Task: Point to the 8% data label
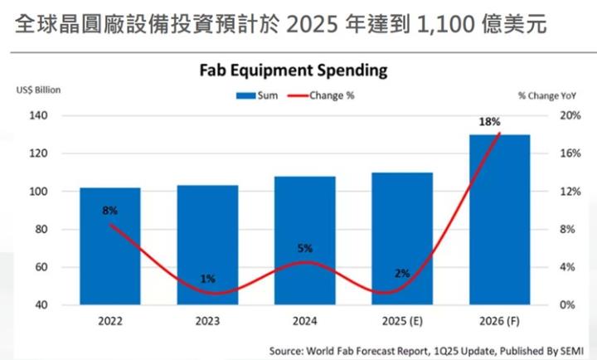[109, 211]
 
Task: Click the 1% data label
[207, 279]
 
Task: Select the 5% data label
[304, 248]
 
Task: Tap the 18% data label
[489, 122]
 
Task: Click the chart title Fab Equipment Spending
[293, 70]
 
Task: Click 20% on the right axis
[568, 115]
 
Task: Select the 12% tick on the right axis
[568, 192]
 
